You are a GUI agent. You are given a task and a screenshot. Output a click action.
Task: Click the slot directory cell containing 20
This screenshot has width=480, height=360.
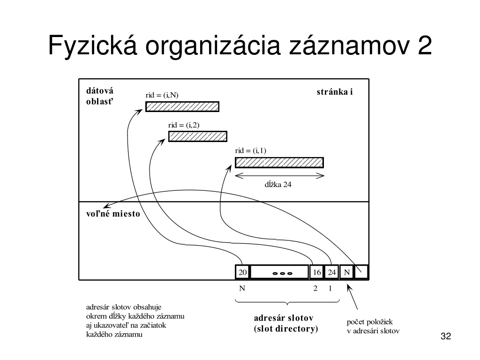pyautogui.click(x=242, y=272)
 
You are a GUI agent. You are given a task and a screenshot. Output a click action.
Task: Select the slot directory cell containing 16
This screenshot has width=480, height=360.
pyautogui.click(x=317, y=272)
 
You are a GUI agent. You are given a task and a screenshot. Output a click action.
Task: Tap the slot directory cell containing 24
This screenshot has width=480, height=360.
pyautogui.click(x=331, y=272)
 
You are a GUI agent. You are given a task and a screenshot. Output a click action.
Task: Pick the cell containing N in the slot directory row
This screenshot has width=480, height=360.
pyautogui.click(x=346, y=272)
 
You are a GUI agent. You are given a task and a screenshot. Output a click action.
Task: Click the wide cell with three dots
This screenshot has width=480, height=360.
pyautogui.click(x=279, y=272)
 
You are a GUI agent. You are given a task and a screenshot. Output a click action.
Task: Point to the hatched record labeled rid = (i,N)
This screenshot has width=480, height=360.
pyautogui.click(x=182, y=106)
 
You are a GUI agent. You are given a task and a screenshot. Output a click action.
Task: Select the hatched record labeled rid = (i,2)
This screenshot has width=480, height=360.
pyautogui.click(x=198, y=136)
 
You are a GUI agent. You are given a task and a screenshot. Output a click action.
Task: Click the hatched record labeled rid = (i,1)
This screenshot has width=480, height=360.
pyautogui.click(x=279, y=163)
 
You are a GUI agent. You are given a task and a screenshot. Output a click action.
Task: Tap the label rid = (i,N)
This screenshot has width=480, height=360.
pyautogui.click(x=162, y=95)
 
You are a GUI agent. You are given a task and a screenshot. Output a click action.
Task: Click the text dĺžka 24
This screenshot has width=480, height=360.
pyautogui.click(x=278, y=185)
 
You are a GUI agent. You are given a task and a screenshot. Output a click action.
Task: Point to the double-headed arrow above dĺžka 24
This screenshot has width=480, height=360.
pyautogui.click(x=279, y=176)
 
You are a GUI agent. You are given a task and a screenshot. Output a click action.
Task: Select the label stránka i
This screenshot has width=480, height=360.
pyautogui.click(x=335, y=92)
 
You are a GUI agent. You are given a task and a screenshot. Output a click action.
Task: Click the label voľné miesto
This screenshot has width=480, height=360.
pyautogui.click(x=113, y=214)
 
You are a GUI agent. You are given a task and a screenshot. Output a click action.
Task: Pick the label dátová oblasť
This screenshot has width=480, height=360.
pyautogui.click(x=100, y=96)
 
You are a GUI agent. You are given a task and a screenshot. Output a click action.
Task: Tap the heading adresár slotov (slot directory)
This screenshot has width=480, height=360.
pyautogui.click(x=286, y=323)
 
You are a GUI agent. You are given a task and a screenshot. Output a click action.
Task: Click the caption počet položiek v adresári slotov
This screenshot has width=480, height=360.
pyautogui.click(x=373, y=326)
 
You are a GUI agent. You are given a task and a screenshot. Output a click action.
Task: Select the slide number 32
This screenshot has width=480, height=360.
pyautogui.click(x=446, y=336)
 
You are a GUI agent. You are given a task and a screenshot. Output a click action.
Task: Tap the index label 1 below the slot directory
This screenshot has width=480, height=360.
pyautogui.click(x=330, y=288)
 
